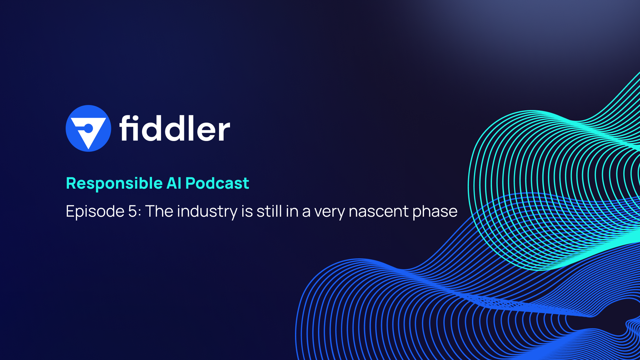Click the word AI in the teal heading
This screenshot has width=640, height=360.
[174, 183]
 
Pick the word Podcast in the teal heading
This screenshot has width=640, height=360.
[217, 183]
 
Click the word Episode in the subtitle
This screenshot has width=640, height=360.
[95, 211]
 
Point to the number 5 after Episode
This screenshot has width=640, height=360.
[132, 211]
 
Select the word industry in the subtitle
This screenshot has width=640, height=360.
[207, 211]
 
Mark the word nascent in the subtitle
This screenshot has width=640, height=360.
[379, 211]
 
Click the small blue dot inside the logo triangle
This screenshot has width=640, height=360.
[89, 128]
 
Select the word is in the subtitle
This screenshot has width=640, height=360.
[247, 211]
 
